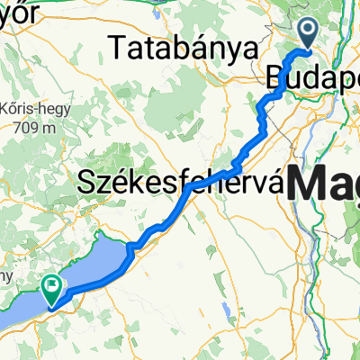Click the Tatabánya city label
180,47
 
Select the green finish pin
50,286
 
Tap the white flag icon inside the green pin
50,284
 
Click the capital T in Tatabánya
115,46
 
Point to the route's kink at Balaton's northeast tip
132,245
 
